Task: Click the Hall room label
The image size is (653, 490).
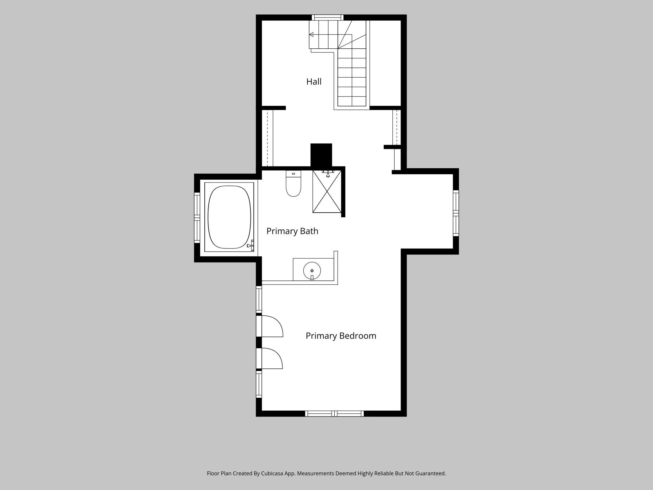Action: [314, 82]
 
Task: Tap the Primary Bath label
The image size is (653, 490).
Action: [292, 231]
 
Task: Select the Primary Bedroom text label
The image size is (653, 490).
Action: [341, 336]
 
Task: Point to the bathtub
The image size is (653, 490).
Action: [229, 217]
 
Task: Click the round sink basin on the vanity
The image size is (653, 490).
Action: [312, 270]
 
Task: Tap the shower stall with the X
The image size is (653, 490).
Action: [327, 192]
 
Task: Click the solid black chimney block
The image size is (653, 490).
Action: [321, 155]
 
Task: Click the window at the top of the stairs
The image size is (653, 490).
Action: [327, 18]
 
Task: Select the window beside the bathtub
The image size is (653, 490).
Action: [197, 217]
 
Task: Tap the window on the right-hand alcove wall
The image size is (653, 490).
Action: [456, 213]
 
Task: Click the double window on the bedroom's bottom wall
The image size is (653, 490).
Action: [334, 414]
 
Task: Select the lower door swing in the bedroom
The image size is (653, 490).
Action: [272, 358]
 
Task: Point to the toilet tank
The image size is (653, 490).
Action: [294, 173]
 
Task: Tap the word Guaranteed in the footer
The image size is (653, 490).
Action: [430, 473]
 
